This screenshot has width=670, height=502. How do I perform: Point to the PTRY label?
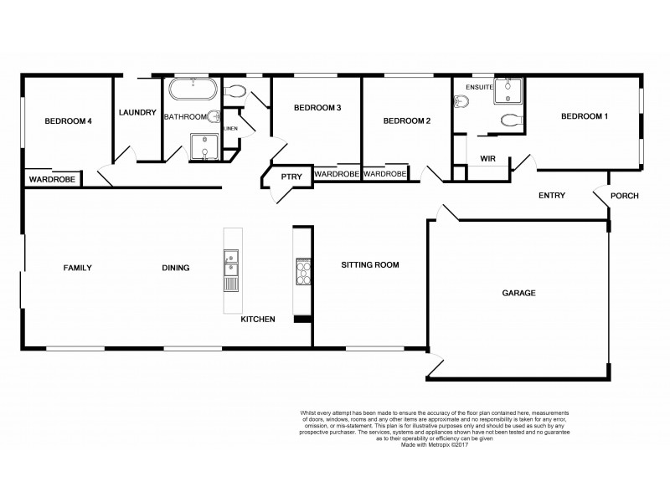pos(291,177)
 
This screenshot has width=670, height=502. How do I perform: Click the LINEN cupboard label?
pos(230,128)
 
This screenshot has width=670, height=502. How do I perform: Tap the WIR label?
pos(488,159)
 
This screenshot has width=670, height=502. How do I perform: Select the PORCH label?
pos(625,197)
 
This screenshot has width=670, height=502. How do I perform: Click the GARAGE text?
pos(518,293)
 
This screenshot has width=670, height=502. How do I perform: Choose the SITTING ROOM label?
pos(369,265)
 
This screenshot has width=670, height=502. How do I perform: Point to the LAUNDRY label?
pos(137,113)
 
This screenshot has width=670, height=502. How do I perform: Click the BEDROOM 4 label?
pos(67,121)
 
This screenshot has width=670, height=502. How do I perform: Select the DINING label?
pos(175,268)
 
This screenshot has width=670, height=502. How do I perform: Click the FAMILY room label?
pos(77,268)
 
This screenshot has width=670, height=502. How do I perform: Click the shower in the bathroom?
pos(204,146)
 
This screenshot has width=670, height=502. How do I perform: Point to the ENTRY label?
pos(552,196)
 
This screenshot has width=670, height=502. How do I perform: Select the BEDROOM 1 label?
pos(584,116)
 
